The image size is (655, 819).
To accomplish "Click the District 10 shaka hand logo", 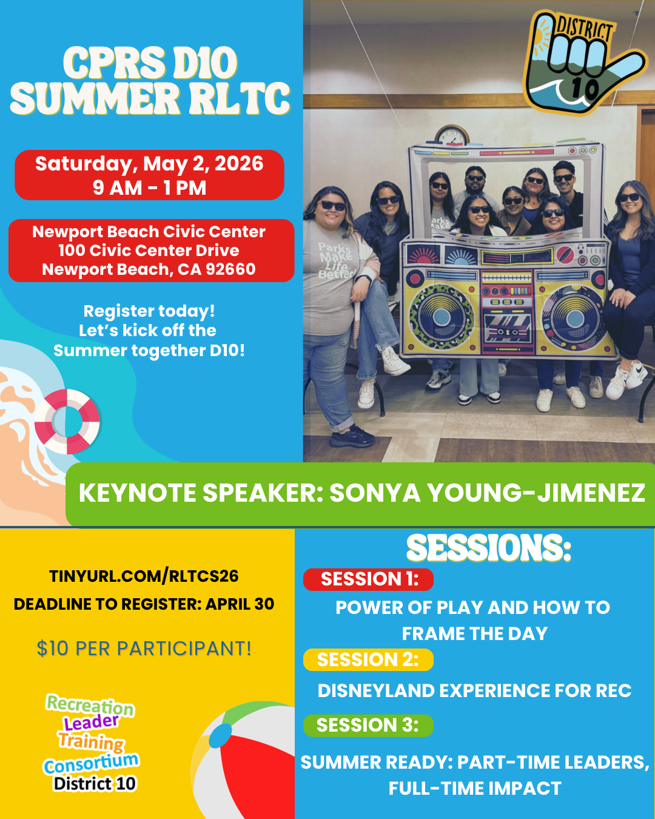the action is (x=584, y=63).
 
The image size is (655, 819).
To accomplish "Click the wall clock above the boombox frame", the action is (x=452, y=135).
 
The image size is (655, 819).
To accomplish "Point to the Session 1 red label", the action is (x=368, y=579).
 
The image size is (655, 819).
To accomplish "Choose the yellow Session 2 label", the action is (x=368, y=660).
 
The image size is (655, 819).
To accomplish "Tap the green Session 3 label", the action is (x=368, y=726).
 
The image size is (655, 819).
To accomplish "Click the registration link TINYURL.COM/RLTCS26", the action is (x=144, y=576).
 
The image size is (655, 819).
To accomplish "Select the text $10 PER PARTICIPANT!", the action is (x=144, y=649).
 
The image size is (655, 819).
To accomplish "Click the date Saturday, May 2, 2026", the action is (x=149, y=164).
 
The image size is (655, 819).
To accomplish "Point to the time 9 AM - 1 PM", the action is (x=149, y=188).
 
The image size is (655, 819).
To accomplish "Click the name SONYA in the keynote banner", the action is (x=375, y=493).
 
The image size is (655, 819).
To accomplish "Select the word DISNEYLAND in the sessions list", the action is (x=376, y=691).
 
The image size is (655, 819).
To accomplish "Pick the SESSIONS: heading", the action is (x=489, y=548).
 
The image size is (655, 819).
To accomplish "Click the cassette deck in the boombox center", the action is (x=508, y=327).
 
